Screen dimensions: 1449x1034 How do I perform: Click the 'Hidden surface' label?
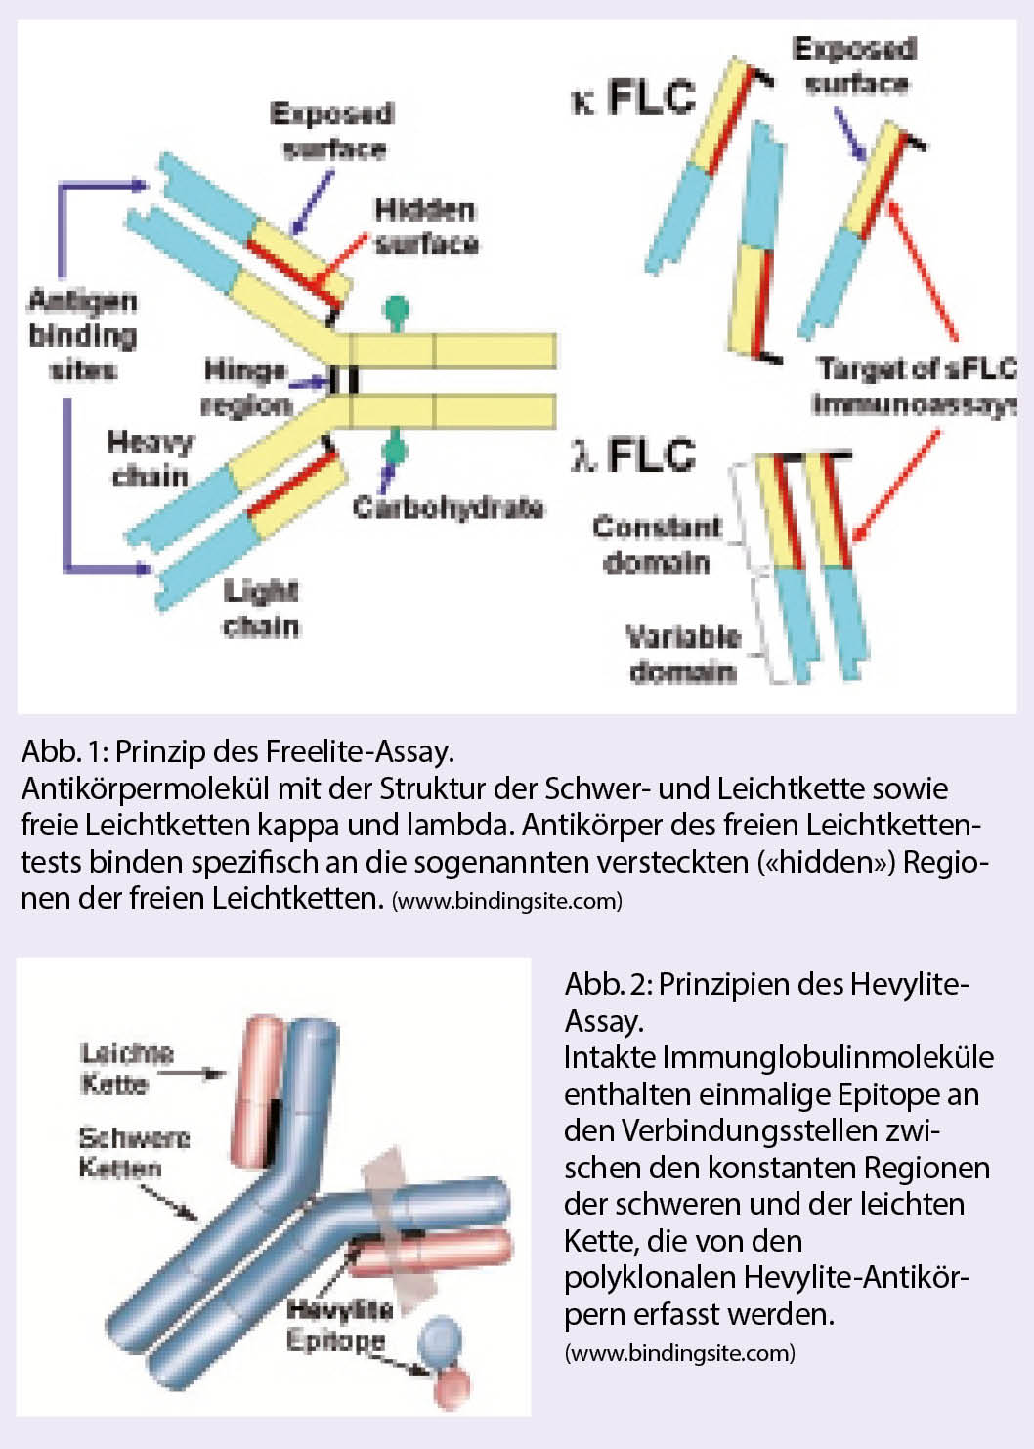click(426, 227)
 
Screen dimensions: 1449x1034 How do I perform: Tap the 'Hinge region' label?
click(246, 387)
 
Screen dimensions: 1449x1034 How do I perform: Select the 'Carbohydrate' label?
click(449, 507)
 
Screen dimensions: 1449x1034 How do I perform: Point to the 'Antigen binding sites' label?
click(82, 335)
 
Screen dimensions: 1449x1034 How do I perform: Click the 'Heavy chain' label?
click(150, 458)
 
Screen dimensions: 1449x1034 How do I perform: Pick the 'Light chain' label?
click(261, 608)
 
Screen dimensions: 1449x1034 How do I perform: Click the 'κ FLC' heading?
click(633, 98)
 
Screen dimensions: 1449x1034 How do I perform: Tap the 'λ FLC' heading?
click(633, 455)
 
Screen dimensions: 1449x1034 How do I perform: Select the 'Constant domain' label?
click(657, 544)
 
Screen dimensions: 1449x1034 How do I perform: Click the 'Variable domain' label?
click(682, 654)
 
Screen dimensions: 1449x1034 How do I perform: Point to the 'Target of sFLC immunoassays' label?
click(915, 386)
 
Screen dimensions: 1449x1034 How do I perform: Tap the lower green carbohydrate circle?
click(394, 450)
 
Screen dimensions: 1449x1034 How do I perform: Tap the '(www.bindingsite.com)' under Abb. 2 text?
click(679, 1353)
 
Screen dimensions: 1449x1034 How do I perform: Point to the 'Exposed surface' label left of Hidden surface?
click(332, 131)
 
